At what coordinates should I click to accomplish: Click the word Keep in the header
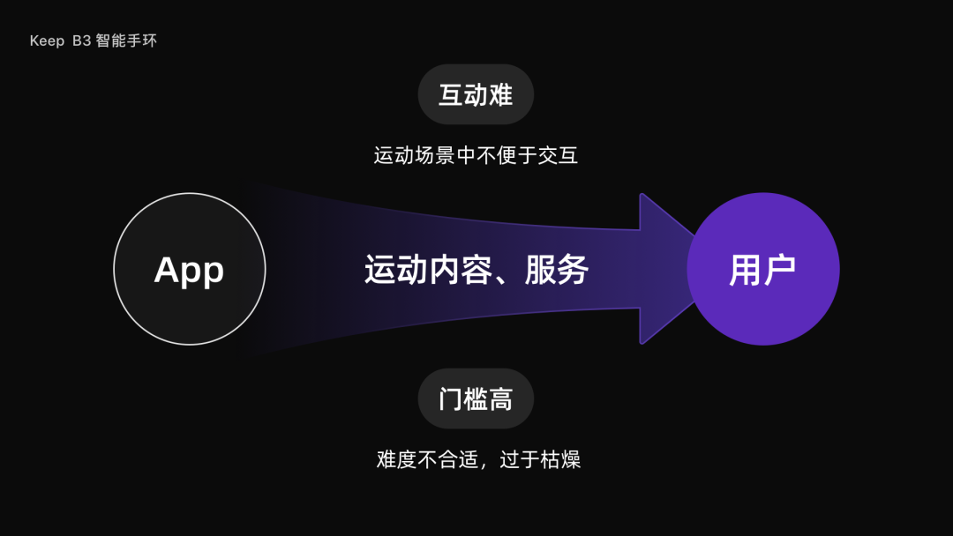click(x=47, y=41)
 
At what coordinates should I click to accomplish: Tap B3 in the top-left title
click(x=82, y=41)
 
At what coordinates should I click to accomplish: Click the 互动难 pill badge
click(x=476, y=94)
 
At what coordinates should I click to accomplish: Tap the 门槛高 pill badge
click(x=476, y=398)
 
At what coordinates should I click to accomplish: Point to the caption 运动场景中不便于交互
click(x=476, y=156)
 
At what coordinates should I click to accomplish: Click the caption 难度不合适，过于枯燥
click(x=478, y=459)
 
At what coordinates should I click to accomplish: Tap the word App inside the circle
click(x=189, y=270)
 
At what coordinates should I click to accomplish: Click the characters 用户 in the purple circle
click(x=762, y=270)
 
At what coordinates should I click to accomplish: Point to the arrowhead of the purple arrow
click(x=666, y=268)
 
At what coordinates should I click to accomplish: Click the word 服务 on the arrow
click(x=557, y=270)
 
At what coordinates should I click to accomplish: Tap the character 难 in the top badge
click(x=500, y=94)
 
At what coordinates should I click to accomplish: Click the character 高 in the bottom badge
click(x=500, y=398)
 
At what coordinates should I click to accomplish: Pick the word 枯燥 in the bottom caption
click(x=560, y=459)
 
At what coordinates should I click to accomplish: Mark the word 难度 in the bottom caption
click(x=396, y=459)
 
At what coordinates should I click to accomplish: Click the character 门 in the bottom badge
click(x=451, y=398)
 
